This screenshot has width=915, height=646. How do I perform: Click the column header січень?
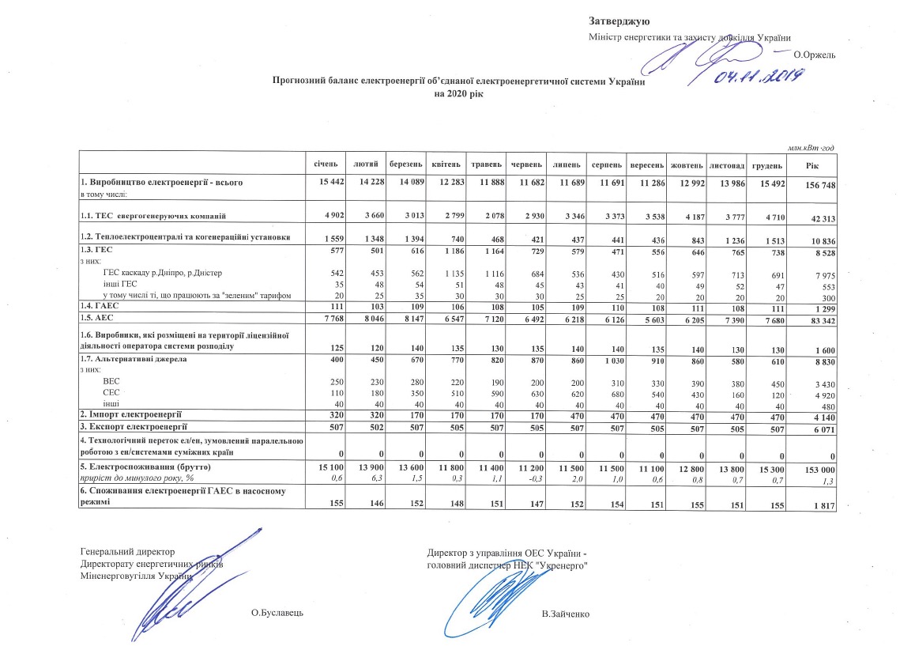click(x=325, y=165)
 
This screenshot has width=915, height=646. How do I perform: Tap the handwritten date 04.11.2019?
click(x=759, y=76)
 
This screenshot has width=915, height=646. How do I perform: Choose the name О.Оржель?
click(x=814, y=54)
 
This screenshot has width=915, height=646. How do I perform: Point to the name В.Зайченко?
click(x=566, y=614)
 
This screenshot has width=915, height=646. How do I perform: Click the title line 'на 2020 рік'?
click(x=458, y=93)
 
